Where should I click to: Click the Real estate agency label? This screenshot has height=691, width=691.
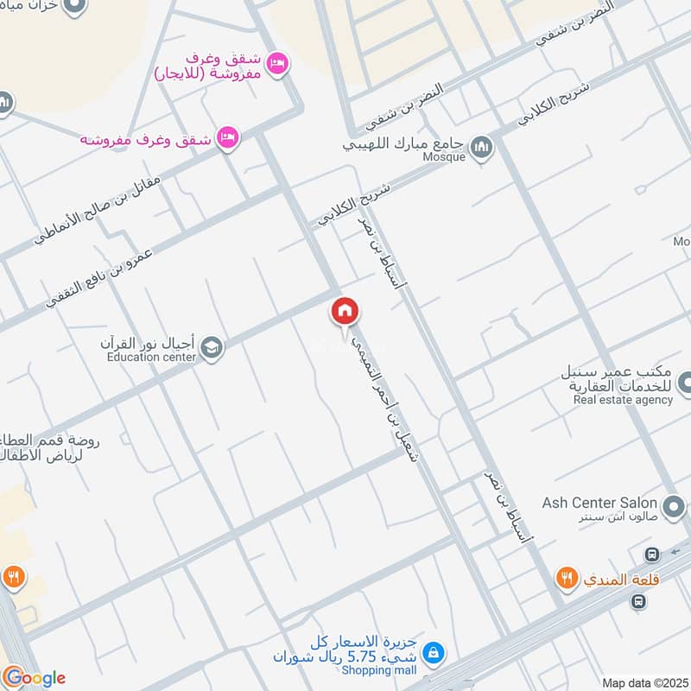pos(622,400)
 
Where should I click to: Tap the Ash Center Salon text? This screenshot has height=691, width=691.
pos(599,503)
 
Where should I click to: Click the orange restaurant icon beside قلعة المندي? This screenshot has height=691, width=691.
pos(567,579)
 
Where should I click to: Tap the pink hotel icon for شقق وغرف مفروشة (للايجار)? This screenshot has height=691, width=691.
pos(276,65)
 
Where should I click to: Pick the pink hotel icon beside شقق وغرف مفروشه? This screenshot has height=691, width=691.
pos(227,138)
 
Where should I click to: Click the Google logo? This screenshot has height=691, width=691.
pos(35,676)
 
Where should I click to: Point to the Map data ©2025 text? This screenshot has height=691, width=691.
pos(643,682)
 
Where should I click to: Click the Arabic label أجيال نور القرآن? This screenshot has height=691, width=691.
pos(149,343)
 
